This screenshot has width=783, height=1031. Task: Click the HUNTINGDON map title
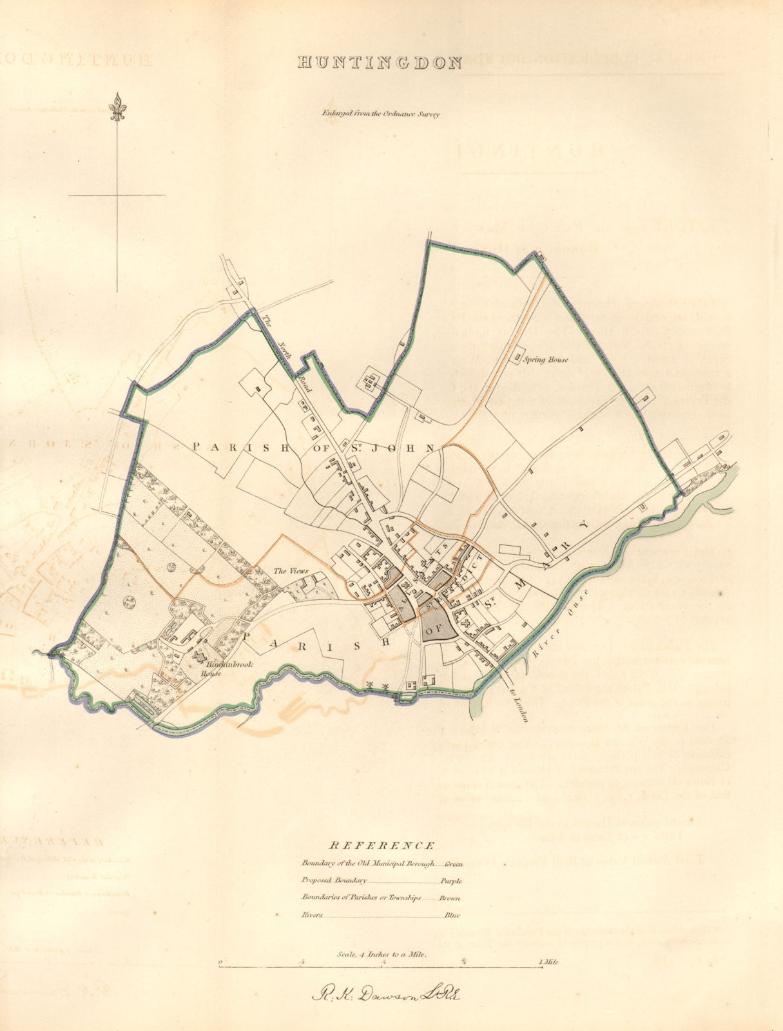point(380,63)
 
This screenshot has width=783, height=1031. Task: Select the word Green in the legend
point(453,863)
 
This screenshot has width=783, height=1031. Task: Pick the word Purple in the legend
point(452,880)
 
